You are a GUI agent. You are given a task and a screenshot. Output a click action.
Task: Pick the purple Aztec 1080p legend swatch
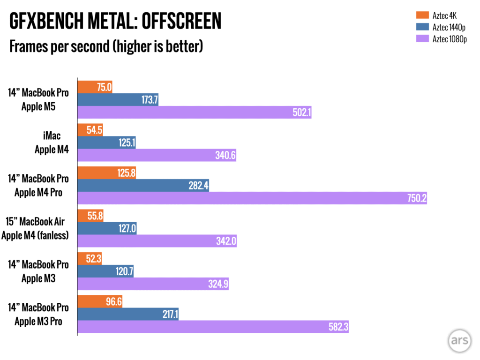click(x=420, y=39)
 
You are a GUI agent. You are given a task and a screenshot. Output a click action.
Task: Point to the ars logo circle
click(x=459, y=341)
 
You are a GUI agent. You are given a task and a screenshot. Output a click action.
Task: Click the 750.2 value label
click(x=416, y=198)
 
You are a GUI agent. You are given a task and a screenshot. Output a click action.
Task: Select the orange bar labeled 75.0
click(x=95, y=87)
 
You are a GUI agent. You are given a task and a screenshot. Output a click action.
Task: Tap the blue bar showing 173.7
click(x=118, y=99)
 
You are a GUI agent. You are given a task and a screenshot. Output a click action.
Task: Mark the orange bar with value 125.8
click(x=107, y=173)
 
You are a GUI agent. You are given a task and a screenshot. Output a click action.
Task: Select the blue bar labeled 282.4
click(x=143, y=186)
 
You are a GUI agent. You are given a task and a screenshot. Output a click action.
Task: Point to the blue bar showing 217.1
click(x=128, y=315)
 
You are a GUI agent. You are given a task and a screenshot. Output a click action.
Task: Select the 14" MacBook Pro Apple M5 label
click(x=38, y=99)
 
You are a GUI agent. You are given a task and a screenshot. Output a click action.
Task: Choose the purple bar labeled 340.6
click(x=157, y=155)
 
